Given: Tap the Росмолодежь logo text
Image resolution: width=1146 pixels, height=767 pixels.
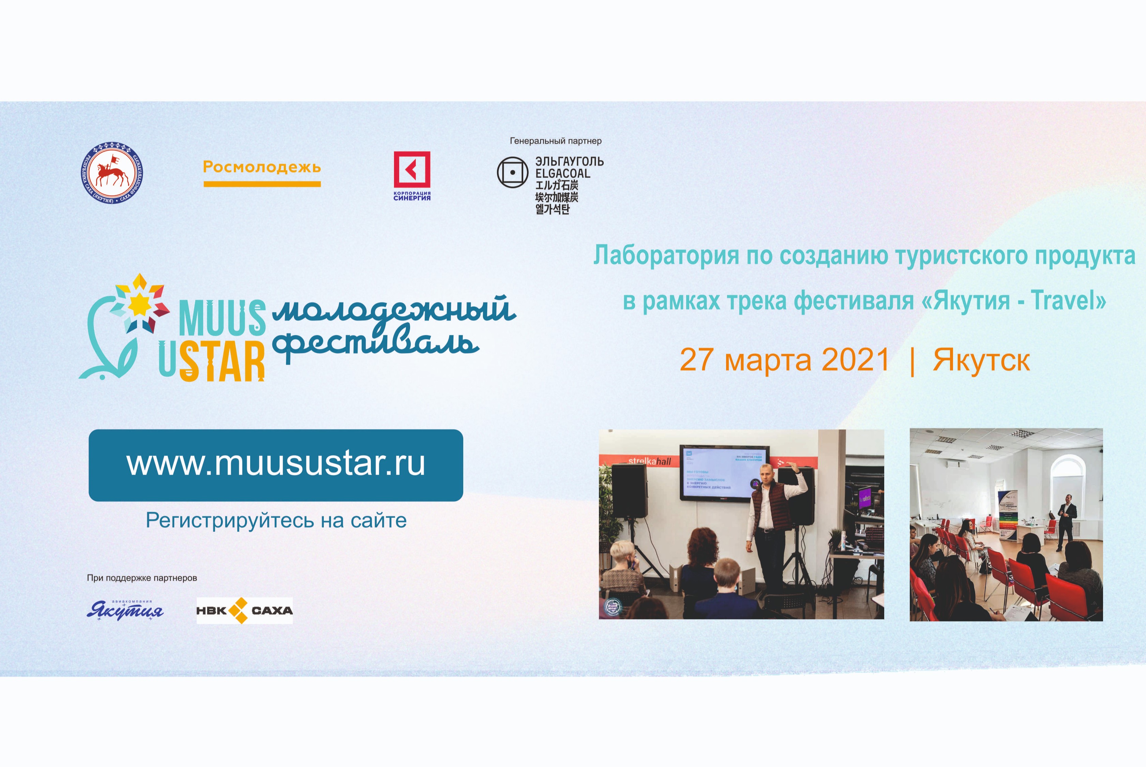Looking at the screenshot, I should [262, 167].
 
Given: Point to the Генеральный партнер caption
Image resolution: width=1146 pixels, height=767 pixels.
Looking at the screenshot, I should [555, 141].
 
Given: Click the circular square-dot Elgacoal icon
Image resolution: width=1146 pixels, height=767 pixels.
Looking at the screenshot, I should [512, 172].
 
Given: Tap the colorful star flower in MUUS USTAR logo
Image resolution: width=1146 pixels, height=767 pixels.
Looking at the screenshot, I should [140, 303].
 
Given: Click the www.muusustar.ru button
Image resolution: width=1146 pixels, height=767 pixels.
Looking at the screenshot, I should [275, 465].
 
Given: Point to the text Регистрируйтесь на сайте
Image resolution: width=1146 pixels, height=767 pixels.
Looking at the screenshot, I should [276, 520].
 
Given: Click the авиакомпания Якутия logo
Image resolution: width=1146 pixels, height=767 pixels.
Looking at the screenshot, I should [125, 610].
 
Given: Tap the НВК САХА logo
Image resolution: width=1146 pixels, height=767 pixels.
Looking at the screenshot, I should [244, 611].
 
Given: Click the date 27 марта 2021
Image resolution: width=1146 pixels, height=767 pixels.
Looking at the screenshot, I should [784, 360].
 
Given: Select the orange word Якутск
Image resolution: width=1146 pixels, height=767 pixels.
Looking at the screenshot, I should [981, 360].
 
